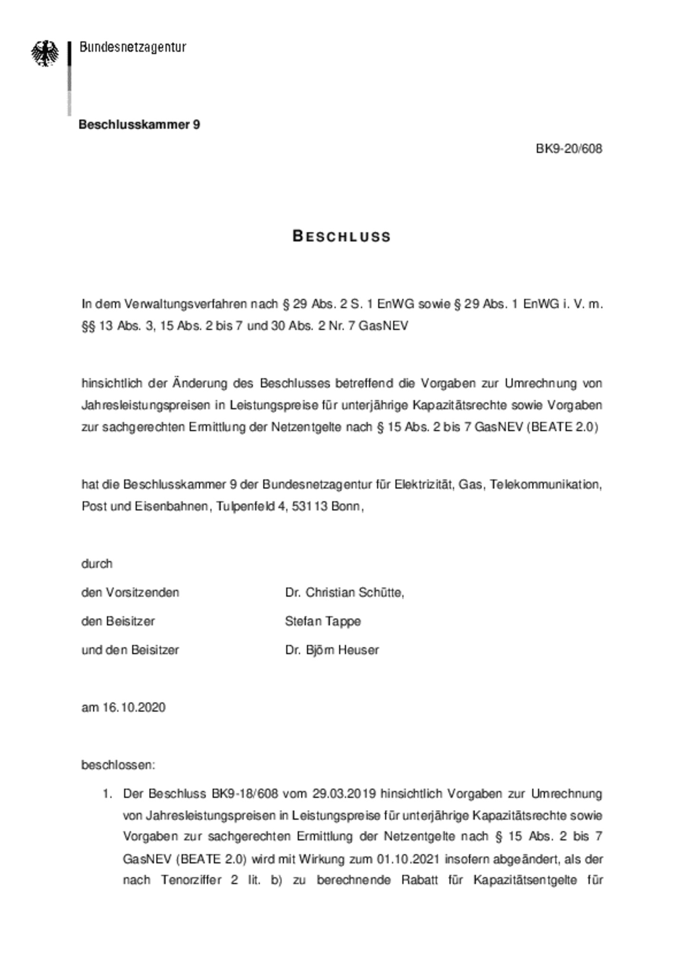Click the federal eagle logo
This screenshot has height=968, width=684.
pos(45,53)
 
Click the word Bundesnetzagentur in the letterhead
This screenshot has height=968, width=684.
pos(133,47)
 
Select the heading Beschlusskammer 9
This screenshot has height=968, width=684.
pos(139,124)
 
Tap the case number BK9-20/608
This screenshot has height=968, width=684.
pos(569,149)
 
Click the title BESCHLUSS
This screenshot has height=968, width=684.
pos(342,236)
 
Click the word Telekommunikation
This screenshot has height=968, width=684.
pos(546,484)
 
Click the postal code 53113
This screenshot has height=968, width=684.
pos(310,506)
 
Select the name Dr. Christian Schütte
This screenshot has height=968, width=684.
pos(343,592)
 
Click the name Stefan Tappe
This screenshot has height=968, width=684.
pos(323,621)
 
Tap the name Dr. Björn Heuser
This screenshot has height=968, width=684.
pos(332,650)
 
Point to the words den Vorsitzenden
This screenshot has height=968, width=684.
pos(130,592)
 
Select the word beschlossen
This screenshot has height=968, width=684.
pos(117,765)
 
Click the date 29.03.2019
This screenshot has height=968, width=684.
pos(344,794)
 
